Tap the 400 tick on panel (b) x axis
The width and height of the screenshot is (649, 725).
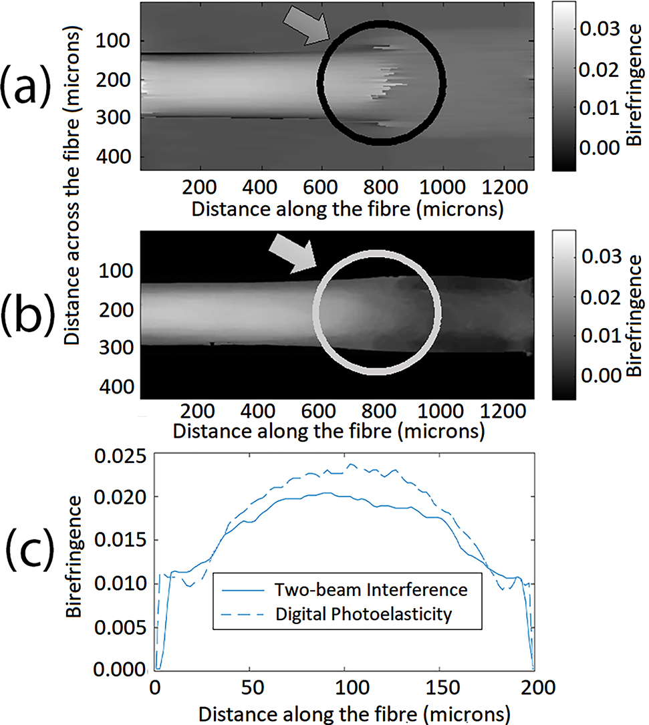258,409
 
